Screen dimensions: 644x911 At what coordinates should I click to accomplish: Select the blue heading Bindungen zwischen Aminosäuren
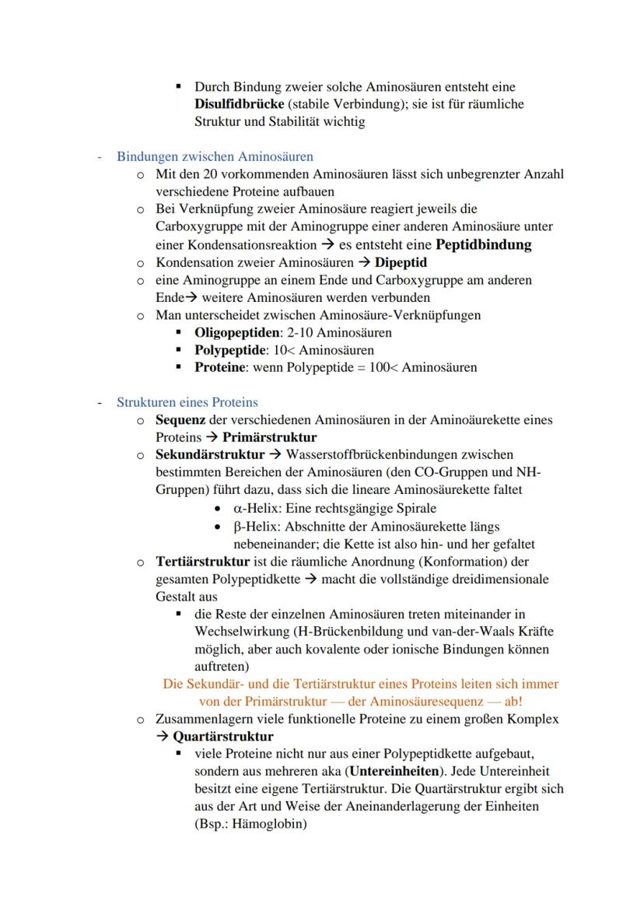(x=215, y=156)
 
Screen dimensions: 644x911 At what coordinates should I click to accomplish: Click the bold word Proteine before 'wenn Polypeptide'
(x=221, y=367)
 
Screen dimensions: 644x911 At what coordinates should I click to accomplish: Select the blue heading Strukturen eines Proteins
(x=187, y=402)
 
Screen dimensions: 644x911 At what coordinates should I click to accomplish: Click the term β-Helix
(x=251, y=526)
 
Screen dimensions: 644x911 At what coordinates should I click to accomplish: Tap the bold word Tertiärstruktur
(x=203, y=561)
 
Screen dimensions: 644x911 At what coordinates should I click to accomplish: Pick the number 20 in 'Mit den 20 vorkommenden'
(x=212, y=174)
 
